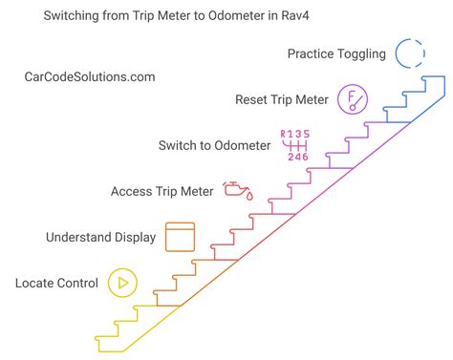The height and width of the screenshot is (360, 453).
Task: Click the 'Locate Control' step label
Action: [56, 283]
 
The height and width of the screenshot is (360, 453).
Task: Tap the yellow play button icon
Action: [120, 283]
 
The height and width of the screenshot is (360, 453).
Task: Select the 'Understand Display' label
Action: [100, 237]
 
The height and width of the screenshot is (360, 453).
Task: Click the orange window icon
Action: [181, 237]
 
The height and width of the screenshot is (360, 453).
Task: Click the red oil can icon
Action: [237, 190]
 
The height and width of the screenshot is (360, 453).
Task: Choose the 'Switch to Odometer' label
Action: [214, 145]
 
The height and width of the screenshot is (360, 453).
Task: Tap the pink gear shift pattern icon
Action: [295, 144]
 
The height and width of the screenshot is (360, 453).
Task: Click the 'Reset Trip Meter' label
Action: [282, 99]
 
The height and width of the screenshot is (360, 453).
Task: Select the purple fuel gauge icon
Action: [353, 99]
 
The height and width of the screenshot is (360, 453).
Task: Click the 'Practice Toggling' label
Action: [336, 53]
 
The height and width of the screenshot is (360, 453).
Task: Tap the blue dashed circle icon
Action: [410, 53]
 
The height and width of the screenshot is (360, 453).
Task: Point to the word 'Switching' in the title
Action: [75, 15]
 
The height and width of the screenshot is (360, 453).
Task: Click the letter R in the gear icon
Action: [283, 134]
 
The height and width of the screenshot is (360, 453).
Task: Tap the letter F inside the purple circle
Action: [352, 96]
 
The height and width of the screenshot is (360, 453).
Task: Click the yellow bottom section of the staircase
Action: [143, 325]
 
